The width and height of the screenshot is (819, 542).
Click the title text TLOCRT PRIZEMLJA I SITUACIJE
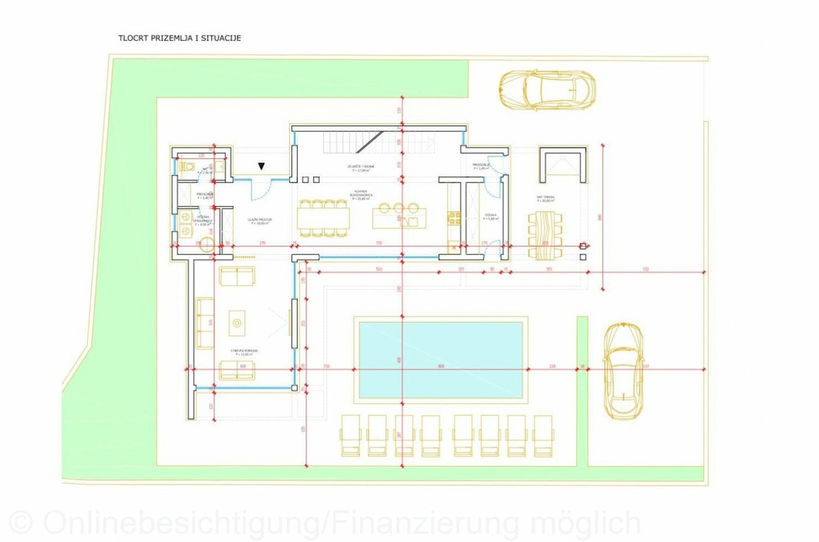coord(179,38)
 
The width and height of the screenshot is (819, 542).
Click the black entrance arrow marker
coord(261,166)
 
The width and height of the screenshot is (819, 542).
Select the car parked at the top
coord(546,89)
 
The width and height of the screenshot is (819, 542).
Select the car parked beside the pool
coord(623,370)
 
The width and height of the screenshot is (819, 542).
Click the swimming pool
coord(440,360)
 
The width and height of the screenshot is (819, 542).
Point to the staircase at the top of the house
coord(353,143)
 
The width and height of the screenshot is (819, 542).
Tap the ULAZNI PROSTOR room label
coord(260,220)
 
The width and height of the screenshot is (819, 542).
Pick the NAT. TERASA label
coord(546,198)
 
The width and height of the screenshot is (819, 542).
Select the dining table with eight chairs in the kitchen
coord(323,217)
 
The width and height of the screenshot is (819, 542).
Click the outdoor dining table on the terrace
coord(546,235)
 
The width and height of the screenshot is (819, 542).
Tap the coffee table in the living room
coord(237,323)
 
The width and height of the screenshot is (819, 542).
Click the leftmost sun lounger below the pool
coord(350,435)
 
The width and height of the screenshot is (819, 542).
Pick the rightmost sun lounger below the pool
coord(543,435)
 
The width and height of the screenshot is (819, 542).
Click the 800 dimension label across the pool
coord(441,366)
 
